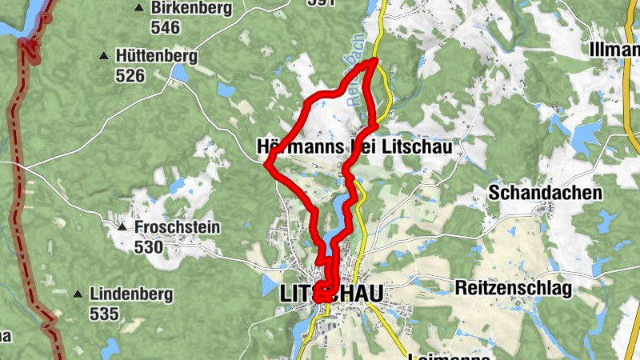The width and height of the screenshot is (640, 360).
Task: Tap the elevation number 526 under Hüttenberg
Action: pyautogui.click(x=130, y=76)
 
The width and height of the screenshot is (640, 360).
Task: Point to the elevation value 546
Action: pyautogui.click(x=165, y=28)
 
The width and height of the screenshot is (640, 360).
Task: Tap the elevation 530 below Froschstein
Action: pyautogui.click(x=149, y=247)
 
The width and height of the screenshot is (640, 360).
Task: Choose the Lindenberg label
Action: pyautogui.click(x=131, y=294)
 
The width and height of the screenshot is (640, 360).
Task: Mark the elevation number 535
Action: pyautogui.click(x=105, y=314)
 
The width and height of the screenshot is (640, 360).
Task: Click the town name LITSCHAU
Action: pyautogui.click(x=331, y=294)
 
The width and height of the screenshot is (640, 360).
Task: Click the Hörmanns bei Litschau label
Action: pyautogui.click(x=354, y=147)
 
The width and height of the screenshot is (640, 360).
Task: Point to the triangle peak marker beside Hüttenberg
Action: pyautogui.click(x=103, y=56)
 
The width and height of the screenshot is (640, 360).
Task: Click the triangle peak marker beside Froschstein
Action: pyautogui.click(x=122, y=228)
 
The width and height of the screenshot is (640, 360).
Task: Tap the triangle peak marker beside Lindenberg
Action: pyautogui.click(x=77, y=294)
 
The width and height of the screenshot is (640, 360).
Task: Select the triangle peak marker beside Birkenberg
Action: pyautogui.click(x=139, y=8)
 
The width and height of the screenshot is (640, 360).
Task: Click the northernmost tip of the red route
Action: pyautogui.click(x=374, y=60)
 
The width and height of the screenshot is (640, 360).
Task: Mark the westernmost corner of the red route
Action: pyautogui.click(x=266, y=165)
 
